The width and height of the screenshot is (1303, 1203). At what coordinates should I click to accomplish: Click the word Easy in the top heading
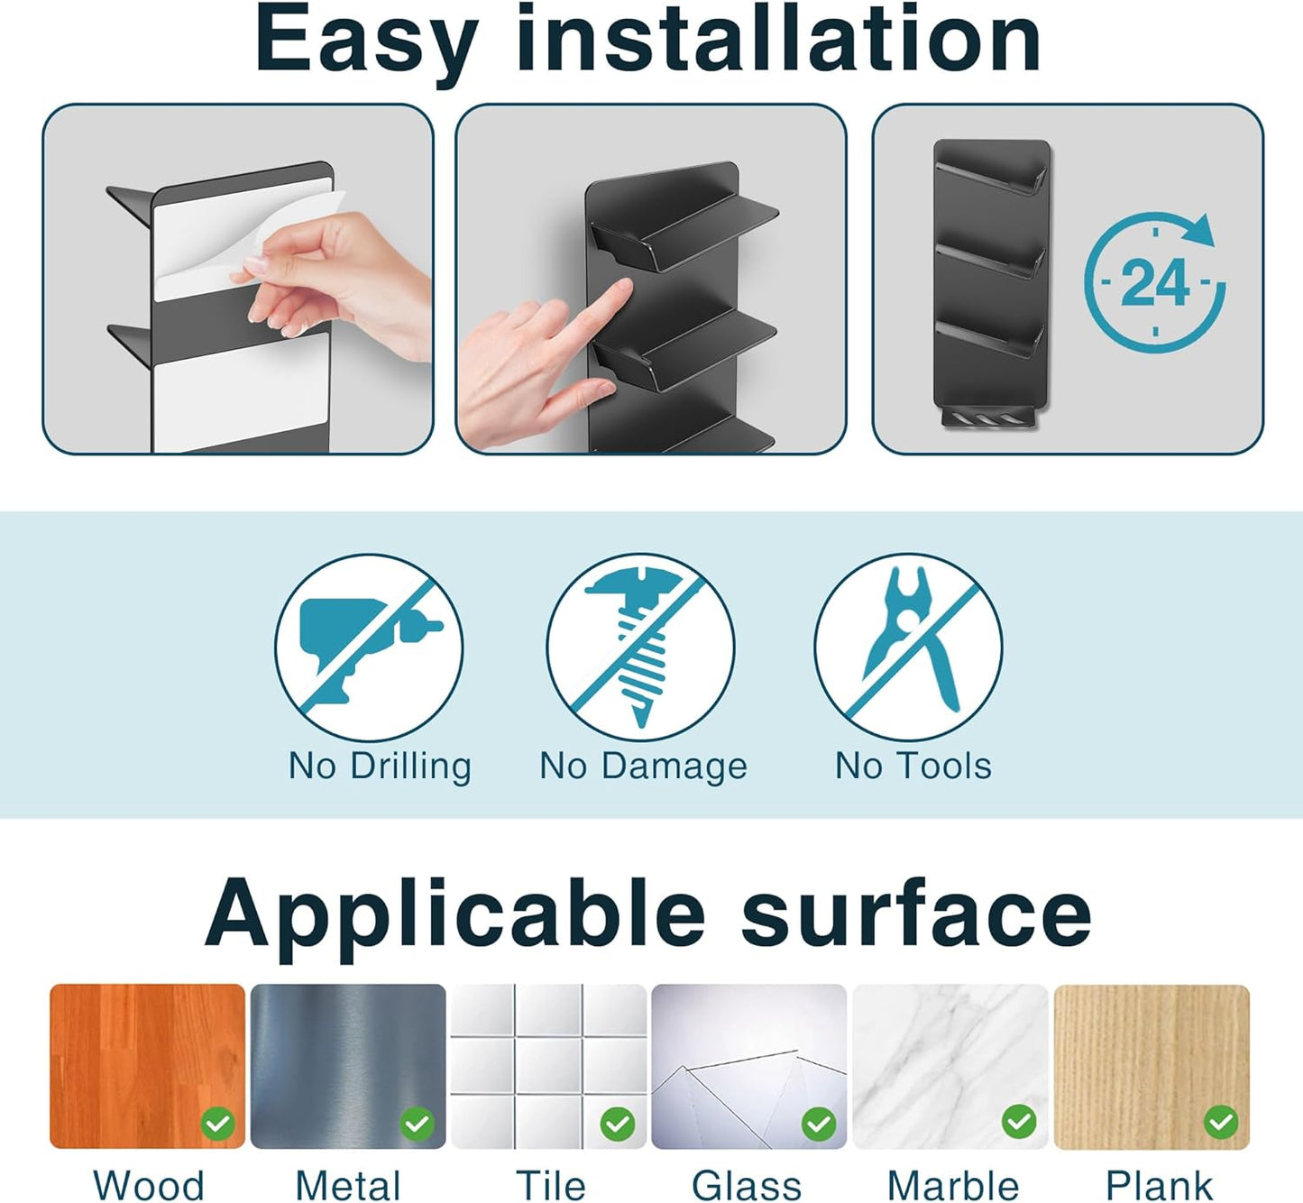365,41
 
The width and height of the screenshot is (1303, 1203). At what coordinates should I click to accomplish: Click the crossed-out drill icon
369,647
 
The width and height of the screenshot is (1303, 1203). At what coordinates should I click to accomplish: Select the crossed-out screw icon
640,647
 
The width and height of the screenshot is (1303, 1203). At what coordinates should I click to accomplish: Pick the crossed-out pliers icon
908,647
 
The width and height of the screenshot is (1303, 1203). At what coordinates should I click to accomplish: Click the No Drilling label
380,766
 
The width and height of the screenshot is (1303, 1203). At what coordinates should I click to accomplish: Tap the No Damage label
643,766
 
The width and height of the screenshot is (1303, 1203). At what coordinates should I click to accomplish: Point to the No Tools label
913,766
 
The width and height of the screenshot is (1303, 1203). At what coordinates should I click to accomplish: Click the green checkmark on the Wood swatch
217,1124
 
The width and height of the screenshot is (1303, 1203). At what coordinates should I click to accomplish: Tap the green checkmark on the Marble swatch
1019,1122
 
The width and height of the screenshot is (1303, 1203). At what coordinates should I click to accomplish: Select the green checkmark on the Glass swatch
819,1124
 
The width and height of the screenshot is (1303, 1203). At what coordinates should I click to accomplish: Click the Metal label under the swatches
348,1185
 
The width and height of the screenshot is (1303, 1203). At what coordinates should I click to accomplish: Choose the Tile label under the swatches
550,1185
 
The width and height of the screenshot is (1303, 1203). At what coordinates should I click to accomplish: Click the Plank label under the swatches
1159,1185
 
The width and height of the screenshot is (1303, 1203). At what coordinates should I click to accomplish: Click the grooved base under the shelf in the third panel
989,418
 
